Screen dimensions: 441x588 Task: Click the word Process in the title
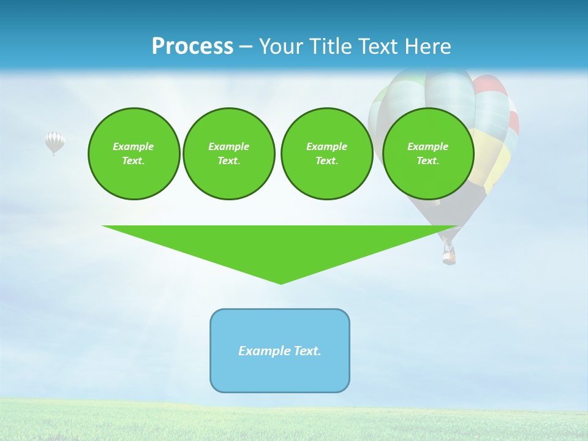coord(192,47)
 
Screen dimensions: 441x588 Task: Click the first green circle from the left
coord(134,154)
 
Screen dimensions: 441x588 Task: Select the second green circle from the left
coord(228,154)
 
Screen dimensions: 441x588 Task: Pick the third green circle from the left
coord(326,154)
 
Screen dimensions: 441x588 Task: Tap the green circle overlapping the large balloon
coord(428,154)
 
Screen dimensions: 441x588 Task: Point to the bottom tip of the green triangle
coord(281,283)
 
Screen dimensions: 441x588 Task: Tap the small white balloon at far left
coord(55,142)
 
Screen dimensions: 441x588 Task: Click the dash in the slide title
coord(246,47)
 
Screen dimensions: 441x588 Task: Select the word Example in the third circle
coord(326,146)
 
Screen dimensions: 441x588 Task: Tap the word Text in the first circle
coord(133,161)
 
